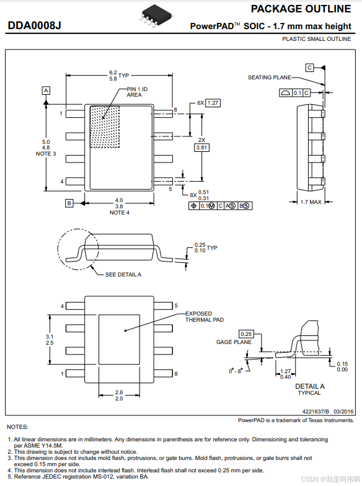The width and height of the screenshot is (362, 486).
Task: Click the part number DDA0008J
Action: (x=34, y=25)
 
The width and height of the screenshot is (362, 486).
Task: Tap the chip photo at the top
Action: (x=157, y=16)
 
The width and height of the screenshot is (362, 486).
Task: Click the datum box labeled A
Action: (x=46, y=91)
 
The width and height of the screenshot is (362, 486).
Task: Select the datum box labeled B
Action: (x=69, y=203)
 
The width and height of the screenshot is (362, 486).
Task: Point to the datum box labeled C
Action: (x=309, y=67)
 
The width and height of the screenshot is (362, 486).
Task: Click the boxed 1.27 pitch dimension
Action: (x=213, y=103)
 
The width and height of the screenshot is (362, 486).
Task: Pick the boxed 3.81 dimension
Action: (x=201, y=148)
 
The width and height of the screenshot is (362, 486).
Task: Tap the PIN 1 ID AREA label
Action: (x=137, y=92)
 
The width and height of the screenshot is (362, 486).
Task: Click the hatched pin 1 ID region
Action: (x=105, y=127)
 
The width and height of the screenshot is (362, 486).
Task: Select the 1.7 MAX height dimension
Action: (x=311, y=202)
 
